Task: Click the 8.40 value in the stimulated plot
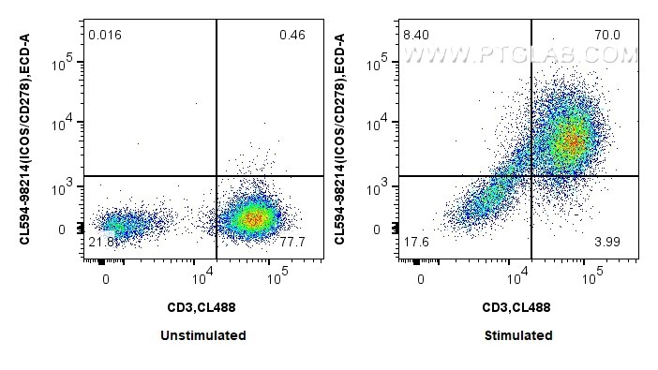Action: click(x=415, y=36)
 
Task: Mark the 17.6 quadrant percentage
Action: click(x=415, y=243)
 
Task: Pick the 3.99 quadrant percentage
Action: click(x=606, y=243)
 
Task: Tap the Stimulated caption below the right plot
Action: click(x=516, y=335)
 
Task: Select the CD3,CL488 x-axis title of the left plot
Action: click(x=202, y=306)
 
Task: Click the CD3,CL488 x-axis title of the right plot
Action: click(x=516, y=306)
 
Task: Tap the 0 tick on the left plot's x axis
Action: click(x=105, y=279)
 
